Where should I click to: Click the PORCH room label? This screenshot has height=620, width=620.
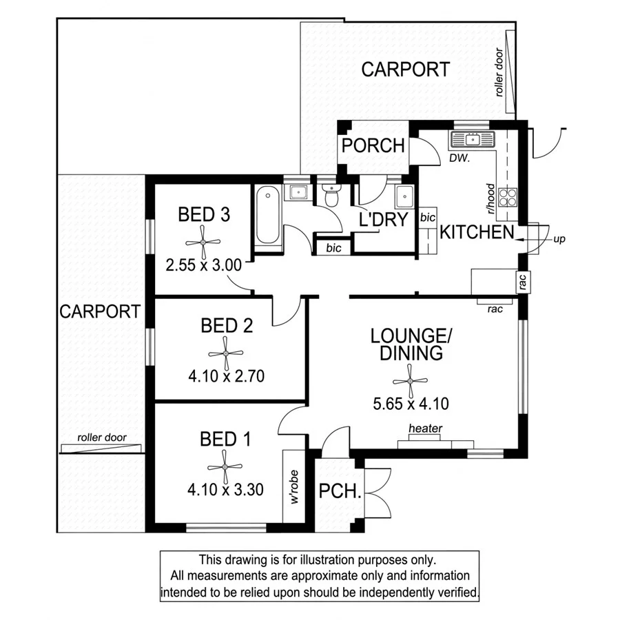click(373, 146)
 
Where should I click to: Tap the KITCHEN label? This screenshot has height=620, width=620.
click(477, 232)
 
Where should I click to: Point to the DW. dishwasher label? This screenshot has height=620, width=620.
click(459, 158)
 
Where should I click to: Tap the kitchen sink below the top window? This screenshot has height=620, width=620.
click(473, 141)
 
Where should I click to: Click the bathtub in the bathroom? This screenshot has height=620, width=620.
click(268, 217)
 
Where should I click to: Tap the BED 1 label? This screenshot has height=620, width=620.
click(226, 439)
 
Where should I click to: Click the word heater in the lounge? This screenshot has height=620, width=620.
click(425, 428)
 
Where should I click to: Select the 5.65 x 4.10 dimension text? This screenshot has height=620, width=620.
click(410, 404)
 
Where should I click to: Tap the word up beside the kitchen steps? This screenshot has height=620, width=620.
click(559, 239)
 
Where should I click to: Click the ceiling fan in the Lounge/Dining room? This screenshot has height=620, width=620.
click(410, 380)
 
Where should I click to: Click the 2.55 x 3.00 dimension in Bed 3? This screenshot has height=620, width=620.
click(203, 263)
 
